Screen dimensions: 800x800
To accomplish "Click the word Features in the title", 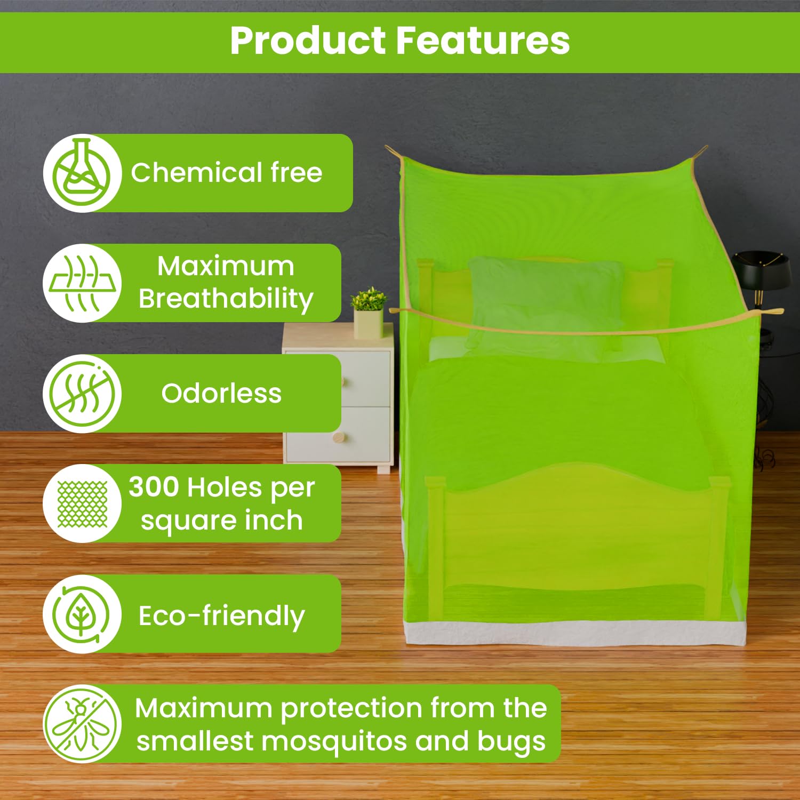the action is (483, 41).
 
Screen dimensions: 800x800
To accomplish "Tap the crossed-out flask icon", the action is (83, 173).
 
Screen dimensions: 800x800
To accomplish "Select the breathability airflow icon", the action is (83, 283).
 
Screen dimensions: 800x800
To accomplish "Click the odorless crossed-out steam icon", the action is (83, 394).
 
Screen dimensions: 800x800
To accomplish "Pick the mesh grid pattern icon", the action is (83, 504).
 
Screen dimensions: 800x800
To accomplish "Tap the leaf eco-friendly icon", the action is (81, 614).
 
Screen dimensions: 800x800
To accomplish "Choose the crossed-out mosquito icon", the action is (83, 724).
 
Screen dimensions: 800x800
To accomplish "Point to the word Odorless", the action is (221, 394).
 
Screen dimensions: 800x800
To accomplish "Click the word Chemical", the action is (197, 172).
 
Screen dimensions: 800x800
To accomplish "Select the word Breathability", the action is (226, 299).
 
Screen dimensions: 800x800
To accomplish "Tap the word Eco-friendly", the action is (222, 616).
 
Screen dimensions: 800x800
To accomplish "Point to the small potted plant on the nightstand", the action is (369, 312).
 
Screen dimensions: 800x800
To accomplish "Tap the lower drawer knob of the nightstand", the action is (339, 438).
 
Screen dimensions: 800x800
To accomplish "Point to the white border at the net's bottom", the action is (575, 633).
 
